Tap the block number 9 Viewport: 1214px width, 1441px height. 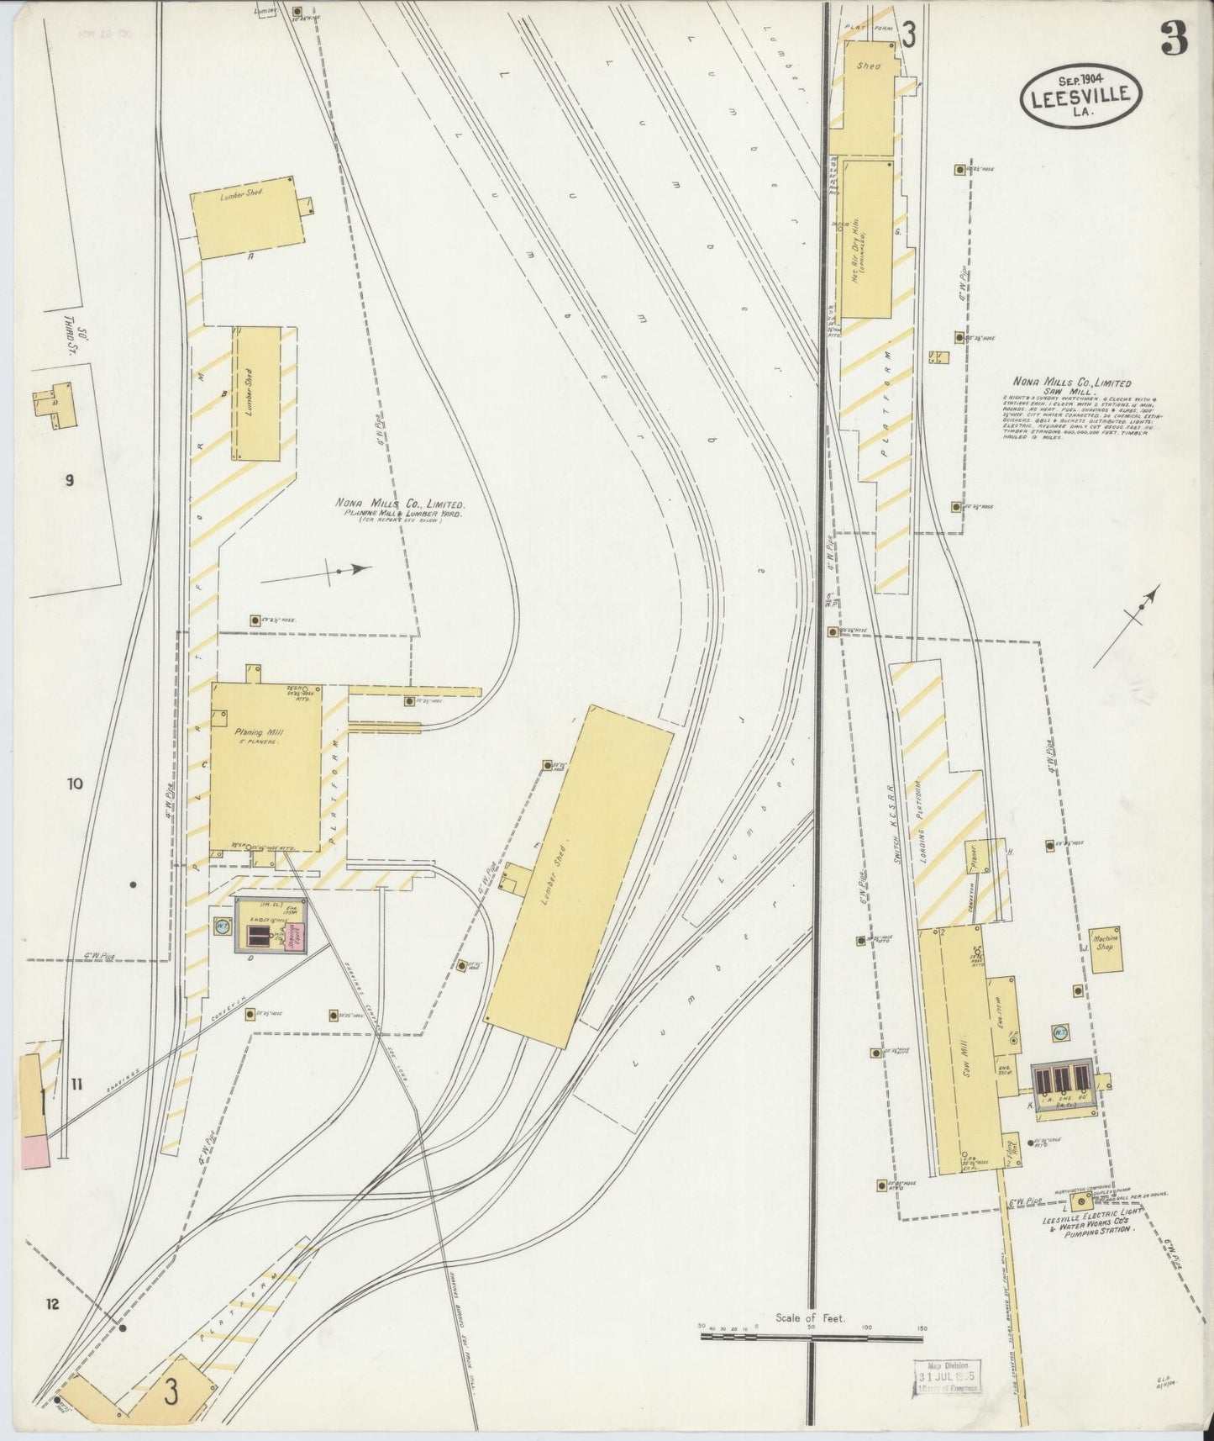pyautogui.click(x=70, y=481)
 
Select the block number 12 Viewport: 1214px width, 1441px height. pyautogui.click(x=52, y=1305)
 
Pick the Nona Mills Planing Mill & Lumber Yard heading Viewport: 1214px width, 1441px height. pyautogui.click(x=400, y=508)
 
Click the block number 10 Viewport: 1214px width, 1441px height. pyautogui.click(x=76, y=784)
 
